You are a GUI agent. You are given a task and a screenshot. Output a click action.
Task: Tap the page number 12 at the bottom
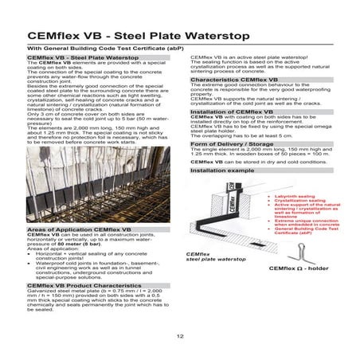[x=179, y=338]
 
